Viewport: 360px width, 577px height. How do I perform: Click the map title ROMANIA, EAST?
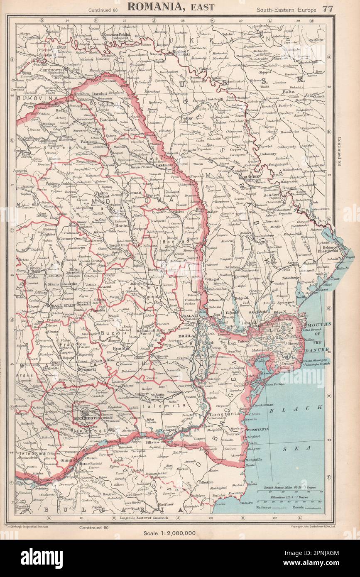pyautogui.click(x=171, y=7)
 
